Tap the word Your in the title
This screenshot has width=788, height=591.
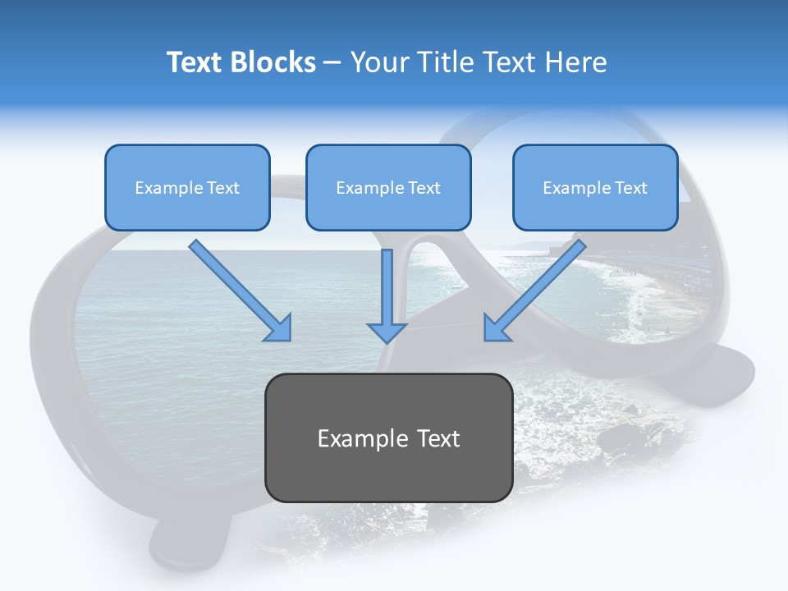pyautogui.click(x=379, y=62)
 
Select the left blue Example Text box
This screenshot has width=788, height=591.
pyautogui.click(x=187, y=187)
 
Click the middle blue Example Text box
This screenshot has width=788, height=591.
pyautogui.click(x=388, y=187)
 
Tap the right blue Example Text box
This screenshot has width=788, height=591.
pyautogui.click(x=595, y=187)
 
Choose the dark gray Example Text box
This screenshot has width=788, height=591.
pyautogui.click(x=388, y=438)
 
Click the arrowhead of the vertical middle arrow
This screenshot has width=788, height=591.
pyautogui.click(x=387, y=332)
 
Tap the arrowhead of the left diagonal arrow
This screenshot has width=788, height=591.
pyautogui.click(x=279, y=328)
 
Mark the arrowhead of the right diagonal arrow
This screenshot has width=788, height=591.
pyautogui.click(x=497, y=328)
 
